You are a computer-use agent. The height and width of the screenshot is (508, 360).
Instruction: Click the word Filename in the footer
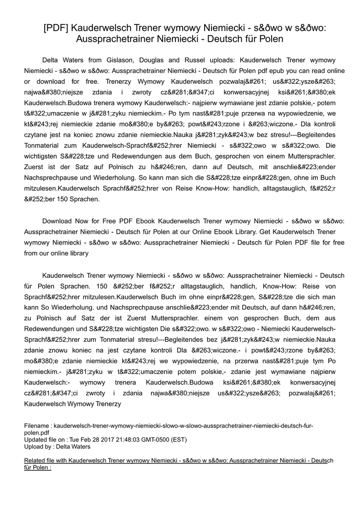point(37,426)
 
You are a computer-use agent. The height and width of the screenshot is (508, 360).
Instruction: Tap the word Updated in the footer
point(36,440)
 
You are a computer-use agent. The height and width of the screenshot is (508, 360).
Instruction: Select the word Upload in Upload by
point(34,446)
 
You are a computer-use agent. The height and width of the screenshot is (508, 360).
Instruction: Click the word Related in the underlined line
point(35,460)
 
